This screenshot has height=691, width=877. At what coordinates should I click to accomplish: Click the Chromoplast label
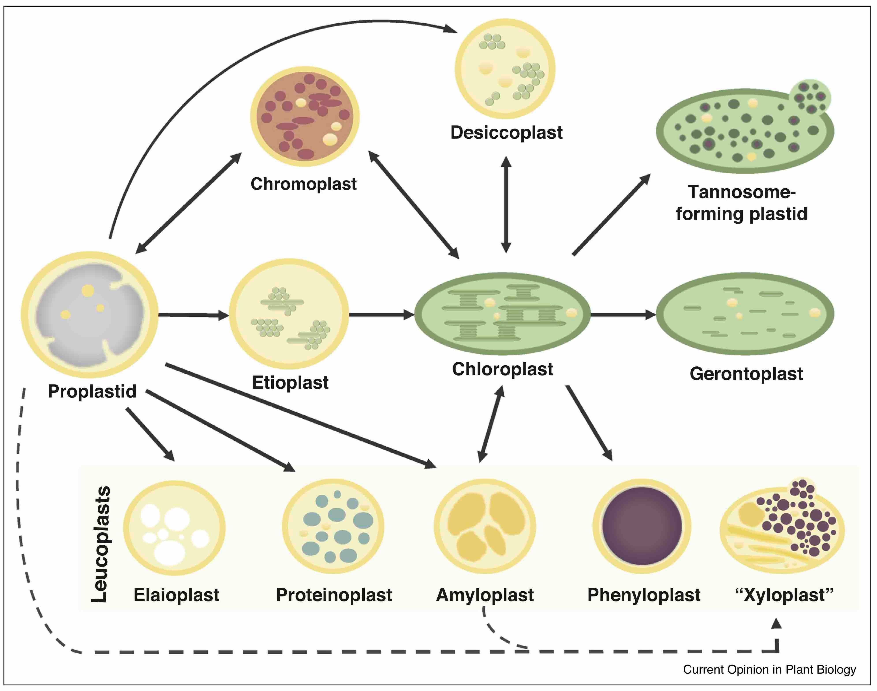pyautogui.click(x=304, y=184)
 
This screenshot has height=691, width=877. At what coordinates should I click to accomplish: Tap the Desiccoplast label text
pyautogui.click(x=506, y=133)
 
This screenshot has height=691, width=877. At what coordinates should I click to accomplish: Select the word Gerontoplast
pyautogui.click(x=746, y=374)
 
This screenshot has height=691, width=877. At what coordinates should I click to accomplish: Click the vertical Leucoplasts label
pyautogui.click(x=100, y=544)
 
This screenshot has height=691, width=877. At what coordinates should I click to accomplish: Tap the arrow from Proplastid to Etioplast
pyautogui.click(x=193, y=315)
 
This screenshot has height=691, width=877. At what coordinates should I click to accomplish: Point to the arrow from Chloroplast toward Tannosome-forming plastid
pyautogui.click(x=611, y=214)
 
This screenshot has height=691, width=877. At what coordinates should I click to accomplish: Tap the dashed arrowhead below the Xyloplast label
pyautogui.click(x=776, y=624)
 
